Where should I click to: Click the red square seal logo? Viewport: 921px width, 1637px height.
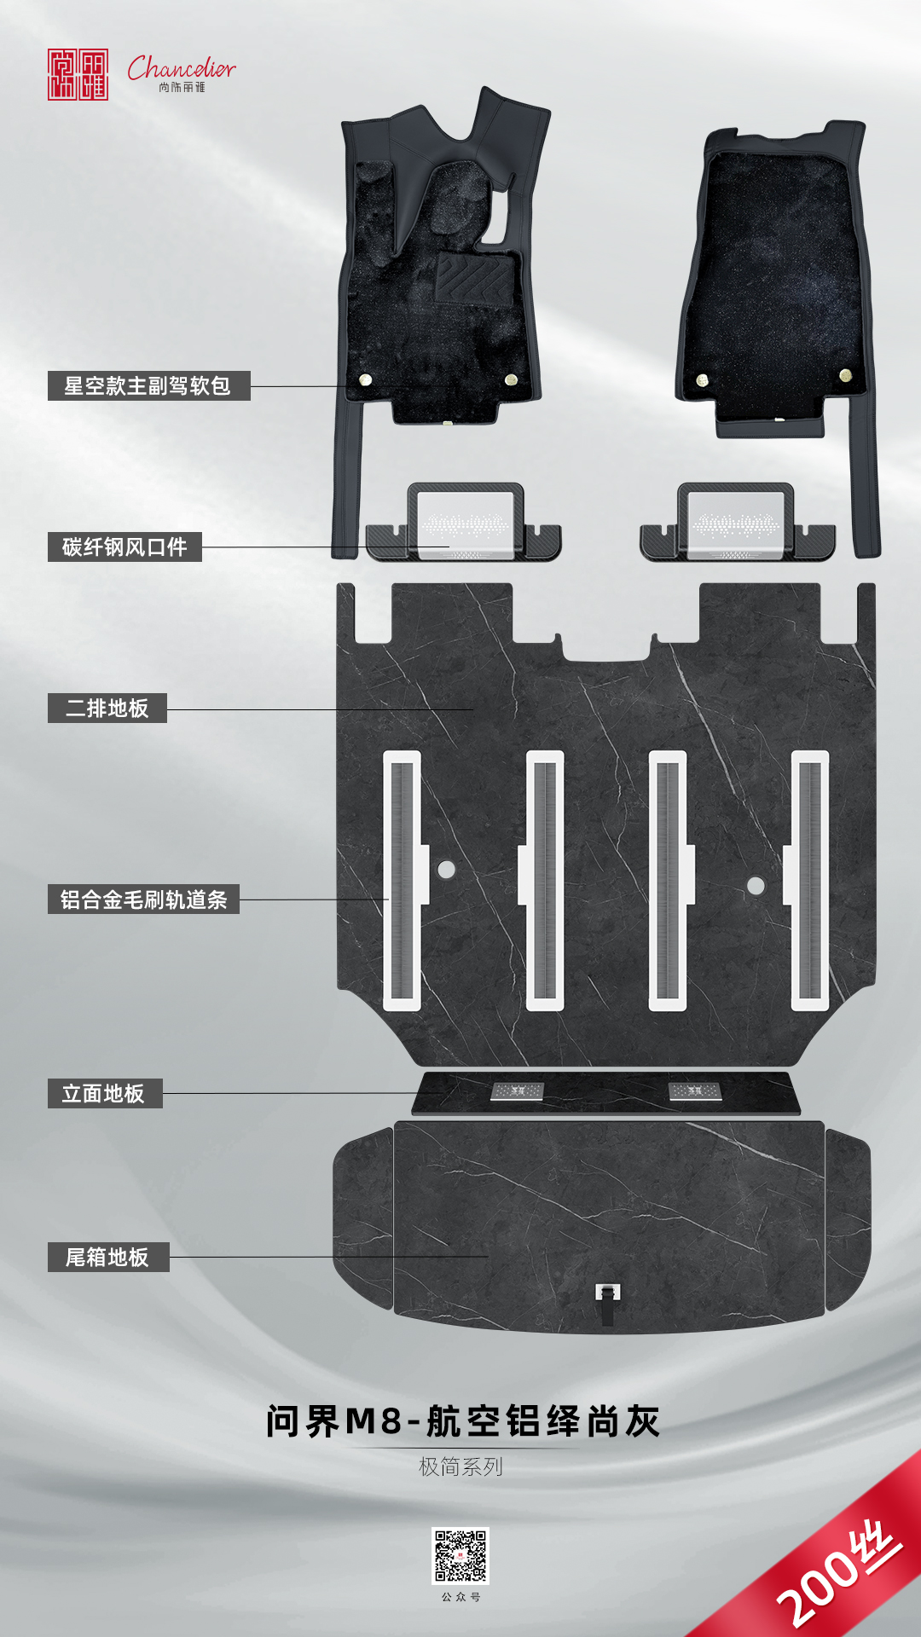[x=78, y=74]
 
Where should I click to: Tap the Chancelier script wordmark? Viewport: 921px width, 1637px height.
[x=182, y=67]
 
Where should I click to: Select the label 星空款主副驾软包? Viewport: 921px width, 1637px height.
[x=148, y=386]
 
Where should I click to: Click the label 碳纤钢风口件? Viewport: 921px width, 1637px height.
[x=125, y=547]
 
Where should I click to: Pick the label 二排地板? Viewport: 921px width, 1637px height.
[x=107, y=708]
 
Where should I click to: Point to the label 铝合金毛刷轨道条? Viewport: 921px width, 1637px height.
[x=143, y=899]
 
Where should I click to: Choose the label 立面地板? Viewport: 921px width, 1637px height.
[x=104, y=1093]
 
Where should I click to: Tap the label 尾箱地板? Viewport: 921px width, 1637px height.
[x=108, y=1257]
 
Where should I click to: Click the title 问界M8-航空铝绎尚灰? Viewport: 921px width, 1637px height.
[x=463, y=1421]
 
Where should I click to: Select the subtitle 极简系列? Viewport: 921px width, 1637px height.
[x=460, y=1466]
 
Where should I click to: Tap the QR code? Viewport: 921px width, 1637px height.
[x=460, y=1556]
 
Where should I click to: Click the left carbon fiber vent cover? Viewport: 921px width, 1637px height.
[x=464, y=522]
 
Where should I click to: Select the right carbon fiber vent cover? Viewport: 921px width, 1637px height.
[x=737, y=522]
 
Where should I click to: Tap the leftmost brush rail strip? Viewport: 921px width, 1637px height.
[x=403, y=881]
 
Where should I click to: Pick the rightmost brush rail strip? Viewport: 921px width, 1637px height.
[x=808, y=881]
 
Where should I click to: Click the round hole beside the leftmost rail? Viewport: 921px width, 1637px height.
[x=446, y=870]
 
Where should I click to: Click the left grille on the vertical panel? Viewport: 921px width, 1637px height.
[x=517, y=1090]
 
